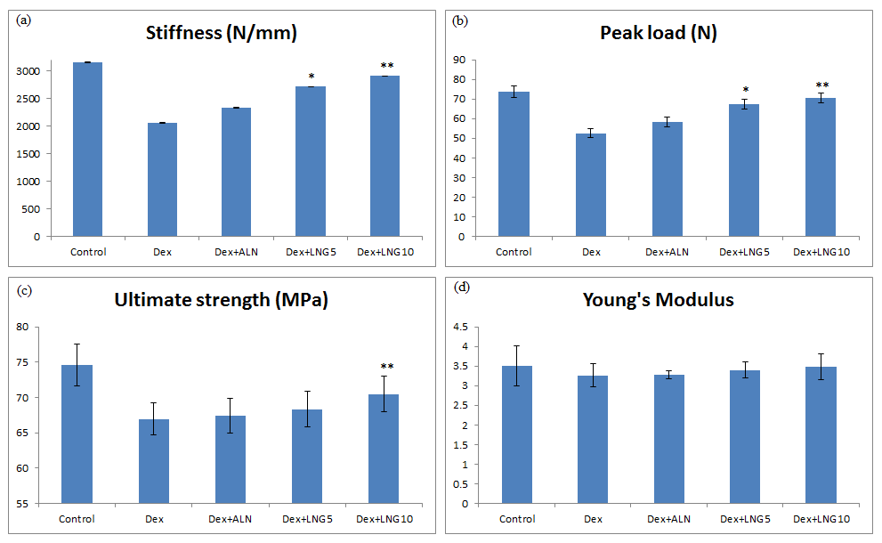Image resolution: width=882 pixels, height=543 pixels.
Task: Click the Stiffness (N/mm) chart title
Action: click(x=222, y=34)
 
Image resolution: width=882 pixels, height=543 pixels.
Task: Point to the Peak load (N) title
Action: click(x=659, y=34)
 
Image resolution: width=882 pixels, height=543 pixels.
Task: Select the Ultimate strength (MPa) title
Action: click(x=222, y=300)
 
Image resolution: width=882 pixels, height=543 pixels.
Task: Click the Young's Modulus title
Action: click(x=659, y=300)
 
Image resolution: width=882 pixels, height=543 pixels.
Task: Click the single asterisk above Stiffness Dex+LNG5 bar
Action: click(x=312, y=77)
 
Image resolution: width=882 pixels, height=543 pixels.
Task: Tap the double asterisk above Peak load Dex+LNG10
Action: click(x=821, y=85)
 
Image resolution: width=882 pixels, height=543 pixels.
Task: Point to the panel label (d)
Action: click(x=462, y=288)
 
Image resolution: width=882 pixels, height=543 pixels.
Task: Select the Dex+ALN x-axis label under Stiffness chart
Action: click(x=233, y=252)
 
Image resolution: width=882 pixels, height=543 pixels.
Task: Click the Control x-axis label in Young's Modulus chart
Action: click(x=517, y=519)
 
